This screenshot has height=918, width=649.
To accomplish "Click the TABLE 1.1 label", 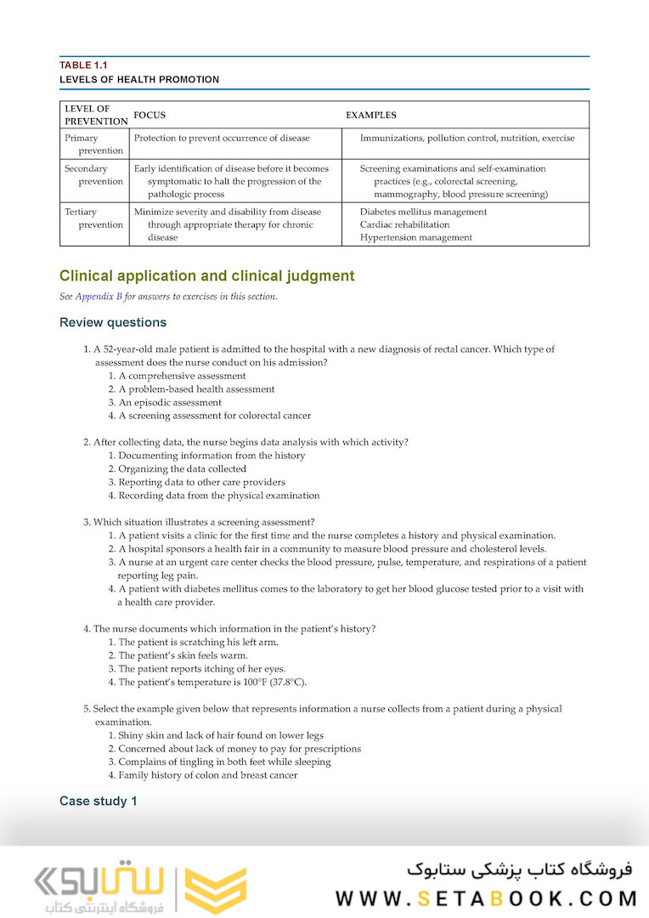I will coord(83,65).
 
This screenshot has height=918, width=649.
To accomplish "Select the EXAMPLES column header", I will coord(370,115).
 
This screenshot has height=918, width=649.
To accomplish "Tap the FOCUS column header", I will coord(150,115).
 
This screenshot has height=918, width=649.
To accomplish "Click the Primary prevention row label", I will coord(94,144).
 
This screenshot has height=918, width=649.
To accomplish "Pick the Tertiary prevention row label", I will coord(94,218).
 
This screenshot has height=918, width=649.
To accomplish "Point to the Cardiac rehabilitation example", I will coord(404,224).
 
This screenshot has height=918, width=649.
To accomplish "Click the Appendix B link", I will coord(99,297).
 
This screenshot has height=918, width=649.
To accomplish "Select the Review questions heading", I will coord(113,322).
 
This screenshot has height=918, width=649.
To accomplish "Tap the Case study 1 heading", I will coord(98,801).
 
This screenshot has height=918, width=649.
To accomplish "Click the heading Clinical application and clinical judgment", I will coord(206,276).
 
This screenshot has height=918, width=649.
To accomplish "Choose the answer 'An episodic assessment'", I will coord(170,402).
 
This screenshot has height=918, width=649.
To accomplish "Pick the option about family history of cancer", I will coord(207,775).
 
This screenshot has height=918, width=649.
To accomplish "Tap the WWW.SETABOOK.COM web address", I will coord(486,898).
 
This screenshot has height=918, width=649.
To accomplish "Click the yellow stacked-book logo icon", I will coord(216,890).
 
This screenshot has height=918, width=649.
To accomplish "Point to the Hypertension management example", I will coord(415,238).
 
